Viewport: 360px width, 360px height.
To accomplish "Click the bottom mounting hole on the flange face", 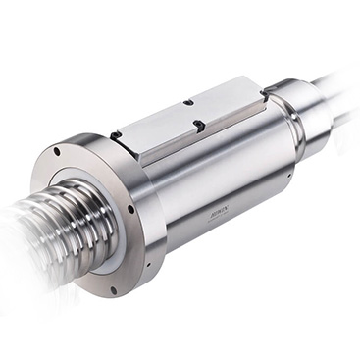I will coord(114,289).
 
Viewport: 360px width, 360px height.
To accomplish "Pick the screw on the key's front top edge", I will coord(199,124).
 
